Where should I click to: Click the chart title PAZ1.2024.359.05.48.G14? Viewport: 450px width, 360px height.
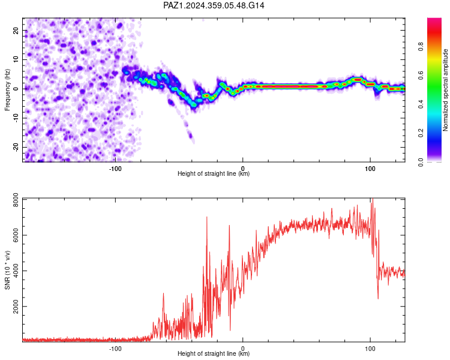tap(214, 5)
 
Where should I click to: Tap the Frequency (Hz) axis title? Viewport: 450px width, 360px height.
tap(7, 90)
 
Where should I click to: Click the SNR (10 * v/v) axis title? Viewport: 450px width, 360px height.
tap(7, 270)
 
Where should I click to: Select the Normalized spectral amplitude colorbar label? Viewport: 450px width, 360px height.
tap(445, 90)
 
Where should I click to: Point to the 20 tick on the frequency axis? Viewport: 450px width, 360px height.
tap(16, 30)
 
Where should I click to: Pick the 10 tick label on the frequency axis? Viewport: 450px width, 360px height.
tap(16, 59)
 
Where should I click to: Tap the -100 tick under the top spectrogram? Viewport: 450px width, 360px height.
tap(115, 169)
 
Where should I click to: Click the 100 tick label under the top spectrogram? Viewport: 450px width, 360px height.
tap(370, 169)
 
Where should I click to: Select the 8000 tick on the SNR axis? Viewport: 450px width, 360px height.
tap(16, 200)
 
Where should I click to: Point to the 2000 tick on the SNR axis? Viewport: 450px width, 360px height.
tap(16, 307)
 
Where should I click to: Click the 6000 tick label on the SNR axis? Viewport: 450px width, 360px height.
tap(16, 235)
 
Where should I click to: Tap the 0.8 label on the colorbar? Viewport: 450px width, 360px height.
tap(421, 46)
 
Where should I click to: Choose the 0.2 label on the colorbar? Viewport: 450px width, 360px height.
tap(421, 133)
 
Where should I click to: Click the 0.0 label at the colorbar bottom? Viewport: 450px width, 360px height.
tap(421, 162)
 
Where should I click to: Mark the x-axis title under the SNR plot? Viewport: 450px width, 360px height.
tap(214, 353)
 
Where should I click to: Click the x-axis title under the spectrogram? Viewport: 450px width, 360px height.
tap(214, 173)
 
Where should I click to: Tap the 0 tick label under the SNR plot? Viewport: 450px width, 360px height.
tap(243, 349)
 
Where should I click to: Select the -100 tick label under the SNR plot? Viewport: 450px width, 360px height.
tap(115, 349)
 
